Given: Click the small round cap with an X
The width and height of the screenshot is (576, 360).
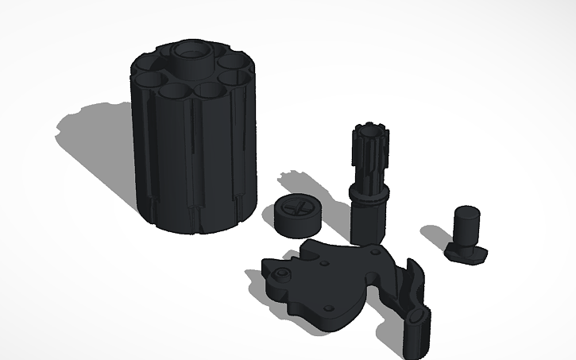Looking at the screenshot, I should (x=299, y=216).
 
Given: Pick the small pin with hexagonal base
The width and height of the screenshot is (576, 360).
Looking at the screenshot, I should (x=466, y=234).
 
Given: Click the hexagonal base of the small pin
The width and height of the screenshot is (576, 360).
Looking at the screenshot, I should (x=467, y=254).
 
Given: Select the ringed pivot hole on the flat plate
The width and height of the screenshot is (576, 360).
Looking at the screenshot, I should (x=280, y=276).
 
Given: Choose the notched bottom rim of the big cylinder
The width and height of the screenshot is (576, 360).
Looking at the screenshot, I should (x=199, y=224).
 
